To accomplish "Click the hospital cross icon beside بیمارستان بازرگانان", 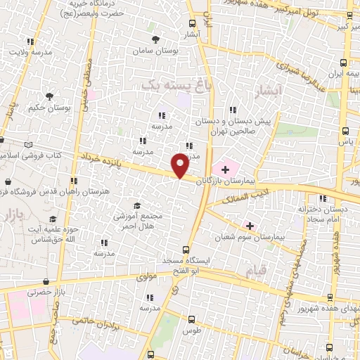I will point(225,169).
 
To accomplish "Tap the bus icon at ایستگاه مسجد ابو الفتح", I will point(186,249).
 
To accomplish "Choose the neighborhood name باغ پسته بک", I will point(166,84).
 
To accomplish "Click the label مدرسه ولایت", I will point(28,53).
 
